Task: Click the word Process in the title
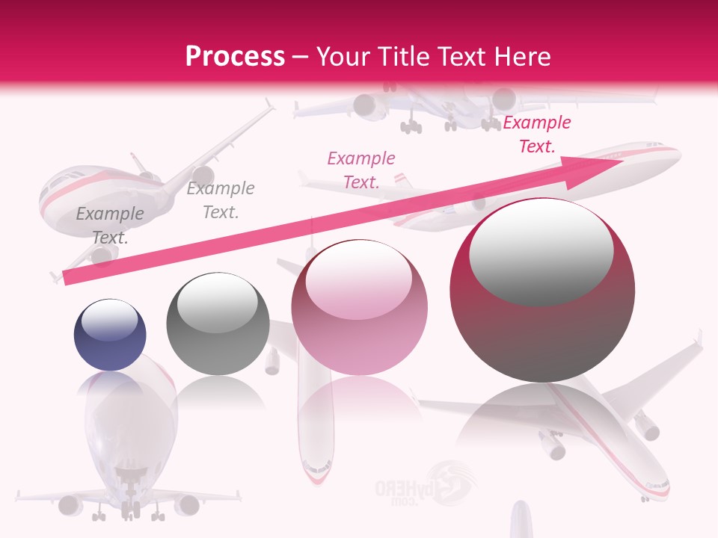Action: coord(235,56)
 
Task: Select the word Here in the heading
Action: coord(521,56)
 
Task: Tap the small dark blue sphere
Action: coord(110,335)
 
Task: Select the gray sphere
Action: coord(218,324)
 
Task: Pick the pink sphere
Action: coord(359,307)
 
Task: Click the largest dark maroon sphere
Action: coord(542,290)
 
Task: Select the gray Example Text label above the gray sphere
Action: coord(221,200)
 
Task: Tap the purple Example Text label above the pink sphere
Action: coord(361,170)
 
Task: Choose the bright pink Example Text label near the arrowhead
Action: coord(537,134)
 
